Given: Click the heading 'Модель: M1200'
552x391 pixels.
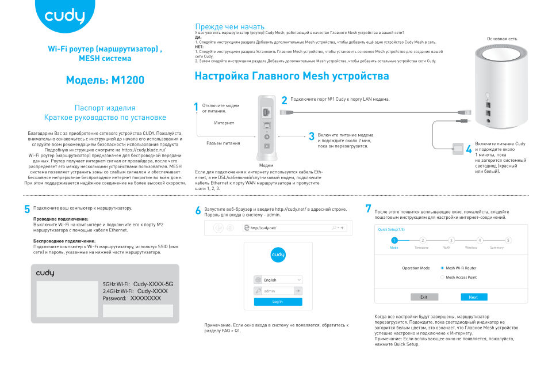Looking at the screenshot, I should pyautogui.click(x=105, y=80).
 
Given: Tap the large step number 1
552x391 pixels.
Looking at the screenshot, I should pyautogui.click(x=196, y=107).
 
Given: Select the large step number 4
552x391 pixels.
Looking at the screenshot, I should pyautogui.click(x=469, y=149).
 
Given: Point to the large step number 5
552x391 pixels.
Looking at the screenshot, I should pyautogui.click(x=27, y=210).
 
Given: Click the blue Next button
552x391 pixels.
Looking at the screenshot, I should pyautogui.click(x=474, y=297).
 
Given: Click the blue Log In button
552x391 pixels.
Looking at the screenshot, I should pyautogui.click(x=278, y=302).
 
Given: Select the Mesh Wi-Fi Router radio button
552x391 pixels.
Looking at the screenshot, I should pyautogui.click(x=442, y=268).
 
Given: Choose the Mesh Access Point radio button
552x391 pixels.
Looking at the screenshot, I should pyautogui.click(x=442, y=277).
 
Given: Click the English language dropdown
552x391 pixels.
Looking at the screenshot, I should pyautogui.click(x=278, y=280).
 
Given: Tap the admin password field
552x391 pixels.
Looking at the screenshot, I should pyautogui.click(x=274, y=291).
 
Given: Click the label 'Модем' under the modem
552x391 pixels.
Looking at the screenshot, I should pyautogui.click(x=266, y=165).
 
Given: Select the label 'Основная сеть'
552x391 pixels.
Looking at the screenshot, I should pyautogui.click(x=502, y=39).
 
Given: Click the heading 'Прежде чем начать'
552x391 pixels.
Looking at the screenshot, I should pyautogui.click(x=229, y=26).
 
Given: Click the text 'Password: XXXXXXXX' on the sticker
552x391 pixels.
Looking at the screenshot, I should pyautogui.click(x=132, y=298).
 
